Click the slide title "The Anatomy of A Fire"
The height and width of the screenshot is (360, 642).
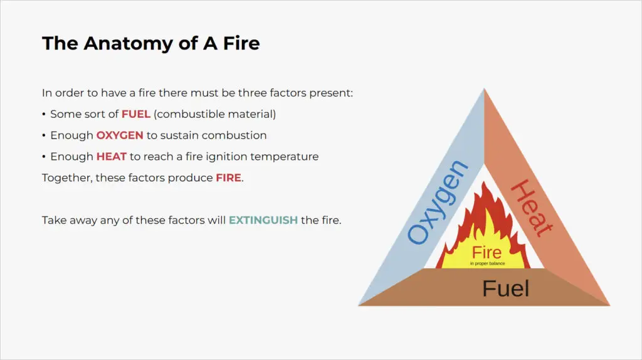click(x=150, y=43)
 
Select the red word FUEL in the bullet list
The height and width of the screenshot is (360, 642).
click(x=135, y=114)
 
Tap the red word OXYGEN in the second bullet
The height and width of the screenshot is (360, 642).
click(x=120, y=135)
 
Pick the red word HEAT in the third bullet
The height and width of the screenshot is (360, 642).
click(x=112, y=157)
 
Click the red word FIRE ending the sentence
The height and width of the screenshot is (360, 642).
click(x=228, y=178)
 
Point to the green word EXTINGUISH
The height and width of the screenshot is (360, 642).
click(x=263, y=221)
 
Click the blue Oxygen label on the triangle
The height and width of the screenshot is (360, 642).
click(x=438, y=202)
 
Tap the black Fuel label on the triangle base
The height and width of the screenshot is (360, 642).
click(x=505, y=289)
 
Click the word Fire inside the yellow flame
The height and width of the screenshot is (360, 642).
click(x=487, y=253)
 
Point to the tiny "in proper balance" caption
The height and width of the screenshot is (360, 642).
click(x=487, y=263)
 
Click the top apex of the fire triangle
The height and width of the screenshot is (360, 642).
click(x=484, y=90)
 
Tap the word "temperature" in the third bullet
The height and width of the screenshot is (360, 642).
click(x=287, y=157)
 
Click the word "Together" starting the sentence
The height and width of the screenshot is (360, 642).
click(x=66, y=178)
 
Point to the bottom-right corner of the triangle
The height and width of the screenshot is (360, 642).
click(x=608, y=305)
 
